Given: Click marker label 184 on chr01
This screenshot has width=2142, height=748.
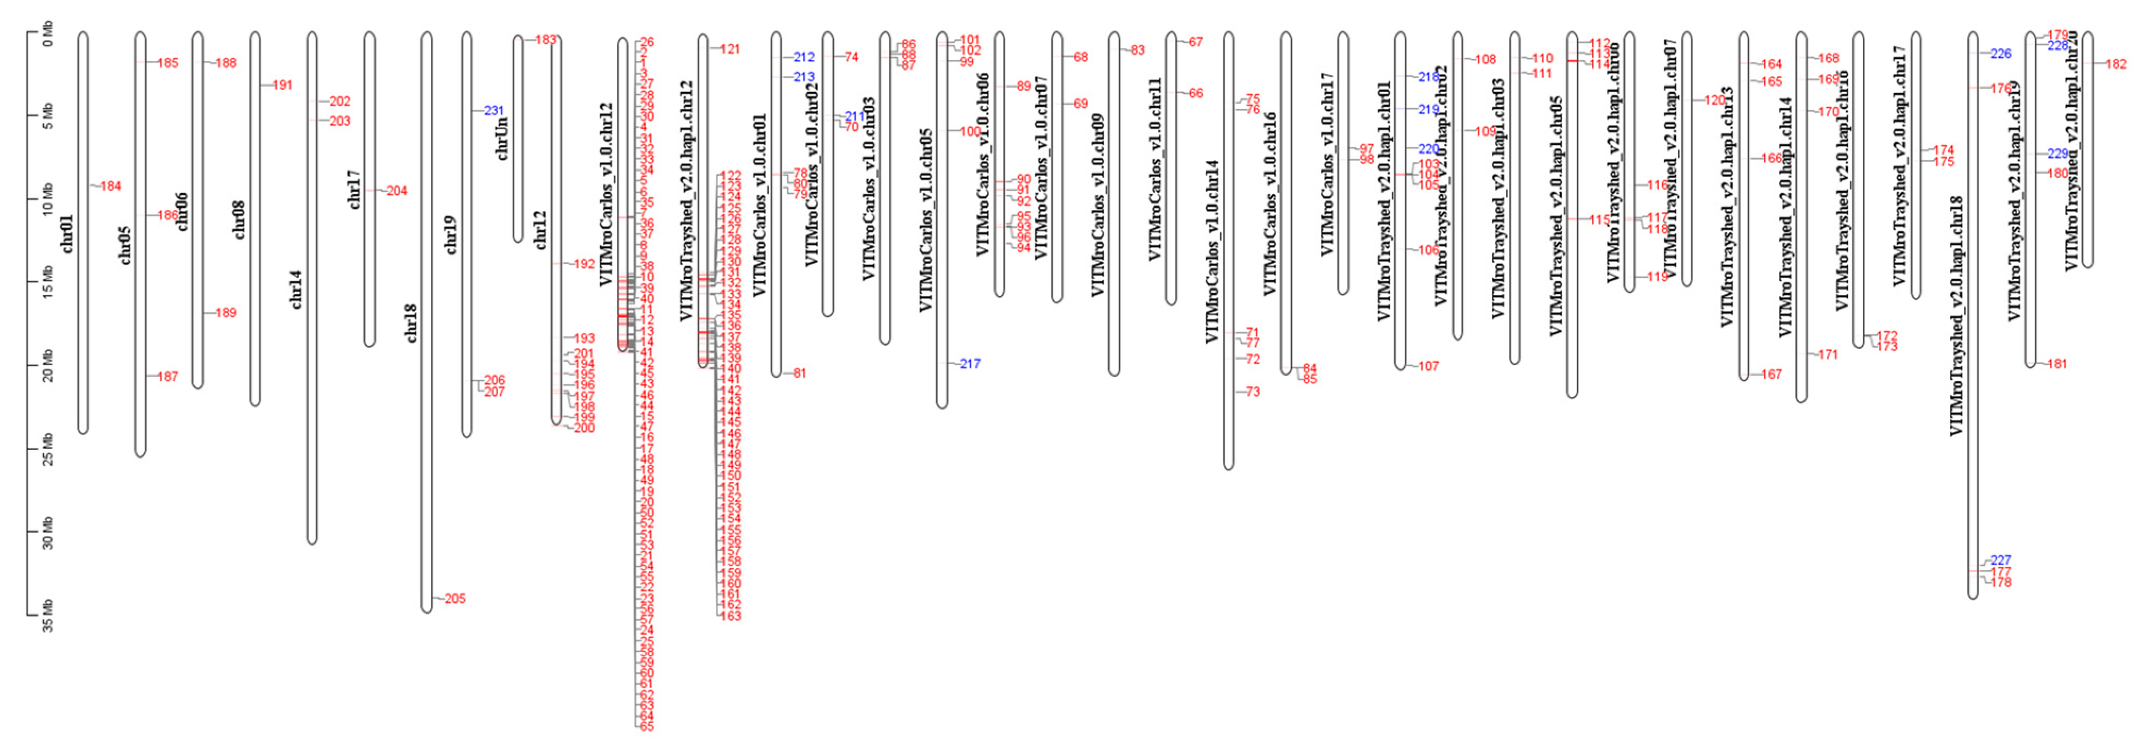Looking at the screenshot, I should [111, 186].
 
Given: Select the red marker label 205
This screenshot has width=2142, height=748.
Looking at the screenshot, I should [455, 598].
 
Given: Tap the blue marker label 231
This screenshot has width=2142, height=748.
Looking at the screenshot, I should [494, 110].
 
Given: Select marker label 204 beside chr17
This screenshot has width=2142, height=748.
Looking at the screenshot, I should [397, 191].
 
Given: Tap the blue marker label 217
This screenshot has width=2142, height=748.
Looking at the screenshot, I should [969, 364].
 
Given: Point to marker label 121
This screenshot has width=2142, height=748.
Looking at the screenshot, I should [730, 49].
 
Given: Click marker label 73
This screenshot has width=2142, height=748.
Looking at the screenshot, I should [1252, 392].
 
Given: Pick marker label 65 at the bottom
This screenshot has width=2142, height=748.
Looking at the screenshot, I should [646, 726].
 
